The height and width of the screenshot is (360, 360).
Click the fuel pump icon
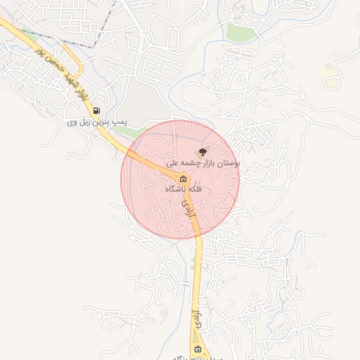[x=96, y=110]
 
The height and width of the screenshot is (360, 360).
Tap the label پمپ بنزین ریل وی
[x=96, y=122]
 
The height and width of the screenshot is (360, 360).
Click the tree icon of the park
[x=202, y=151]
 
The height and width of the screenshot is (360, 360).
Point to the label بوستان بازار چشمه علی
[x=202, y=162]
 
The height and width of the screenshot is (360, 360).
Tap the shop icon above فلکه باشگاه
[x=184, y=178]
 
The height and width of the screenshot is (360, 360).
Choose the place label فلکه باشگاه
[x=184, y=189]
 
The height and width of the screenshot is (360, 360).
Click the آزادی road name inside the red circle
[x=187, y=209]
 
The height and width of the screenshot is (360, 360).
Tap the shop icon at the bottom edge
[x=198, y=349]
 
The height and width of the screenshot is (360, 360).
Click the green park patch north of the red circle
[x=240, y=31]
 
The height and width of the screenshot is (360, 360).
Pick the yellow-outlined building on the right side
[x=330, y=82]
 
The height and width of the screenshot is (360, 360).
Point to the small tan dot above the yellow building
[x=328, y=67]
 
